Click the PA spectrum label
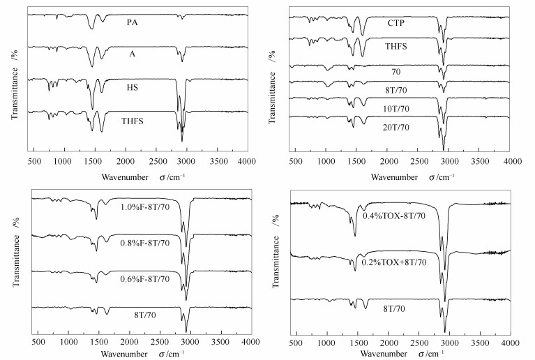(x=131, y=22)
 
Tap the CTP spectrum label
(x=397, y=24)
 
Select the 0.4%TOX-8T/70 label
(x=393, y=216)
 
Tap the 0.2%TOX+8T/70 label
(x=394, y=263)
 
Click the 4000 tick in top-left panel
(x=247, y=159)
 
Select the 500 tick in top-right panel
(x=296, y=159)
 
